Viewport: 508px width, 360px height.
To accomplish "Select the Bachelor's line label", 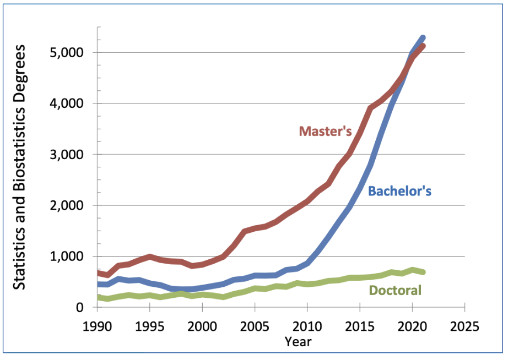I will coord(399,191).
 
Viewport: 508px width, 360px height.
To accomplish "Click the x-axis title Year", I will coord(298,342).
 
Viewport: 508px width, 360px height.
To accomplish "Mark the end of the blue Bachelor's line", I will coord(423,38).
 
